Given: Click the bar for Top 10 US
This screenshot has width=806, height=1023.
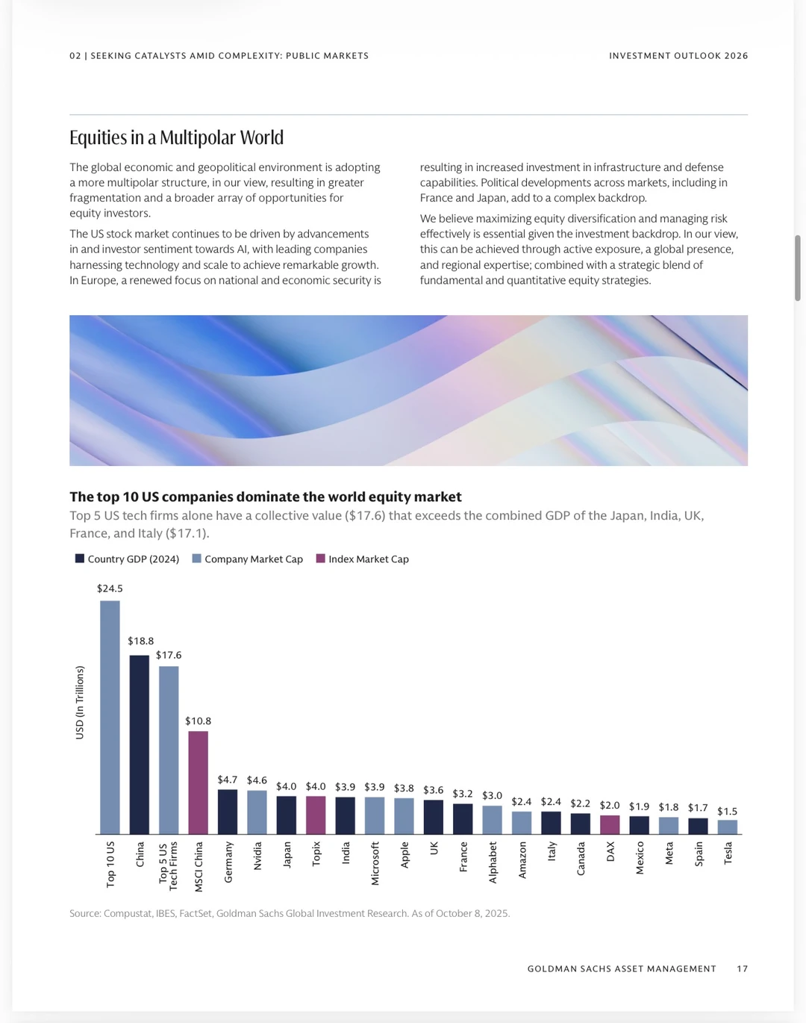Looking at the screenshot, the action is tap(110, 717).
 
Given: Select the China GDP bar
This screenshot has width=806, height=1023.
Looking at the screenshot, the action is tap(140, 744).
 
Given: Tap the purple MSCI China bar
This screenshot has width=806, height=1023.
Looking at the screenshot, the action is tap(199, 783).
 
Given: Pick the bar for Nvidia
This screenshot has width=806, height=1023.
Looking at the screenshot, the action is tap(257, 812).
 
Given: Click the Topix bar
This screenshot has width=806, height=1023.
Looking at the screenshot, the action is tap(316, 815).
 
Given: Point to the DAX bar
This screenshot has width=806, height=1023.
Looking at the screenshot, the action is tap(610, 824).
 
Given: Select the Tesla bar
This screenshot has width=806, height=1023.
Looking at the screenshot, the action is tap(728, 827).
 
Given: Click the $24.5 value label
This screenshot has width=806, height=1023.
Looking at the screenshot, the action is tap(110, 588).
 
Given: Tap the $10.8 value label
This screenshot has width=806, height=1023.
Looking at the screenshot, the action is tap(199, 721).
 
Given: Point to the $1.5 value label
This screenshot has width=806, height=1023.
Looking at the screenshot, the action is tap(728, 811).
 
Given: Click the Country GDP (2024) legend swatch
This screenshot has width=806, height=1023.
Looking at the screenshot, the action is tap(79, 558).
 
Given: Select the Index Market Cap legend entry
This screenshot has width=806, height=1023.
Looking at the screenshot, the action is tap(363, 559).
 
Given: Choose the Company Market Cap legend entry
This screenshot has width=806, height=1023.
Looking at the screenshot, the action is tap(248, 559).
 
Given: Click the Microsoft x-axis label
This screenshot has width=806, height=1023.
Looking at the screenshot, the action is tap(375, 863).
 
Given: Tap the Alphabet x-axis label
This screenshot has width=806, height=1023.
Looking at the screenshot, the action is tap(493, 862).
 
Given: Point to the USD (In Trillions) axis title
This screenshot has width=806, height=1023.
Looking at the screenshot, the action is tap(79, 702).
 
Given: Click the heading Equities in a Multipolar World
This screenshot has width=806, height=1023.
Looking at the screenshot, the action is tap(176, 137).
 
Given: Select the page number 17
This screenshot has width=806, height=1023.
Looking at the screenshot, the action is tap(743, 968).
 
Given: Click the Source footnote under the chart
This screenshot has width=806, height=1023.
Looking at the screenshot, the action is tap(290, 913).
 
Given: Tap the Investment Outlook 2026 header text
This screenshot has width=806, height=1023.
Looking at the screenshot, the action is tap(678, 55).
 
